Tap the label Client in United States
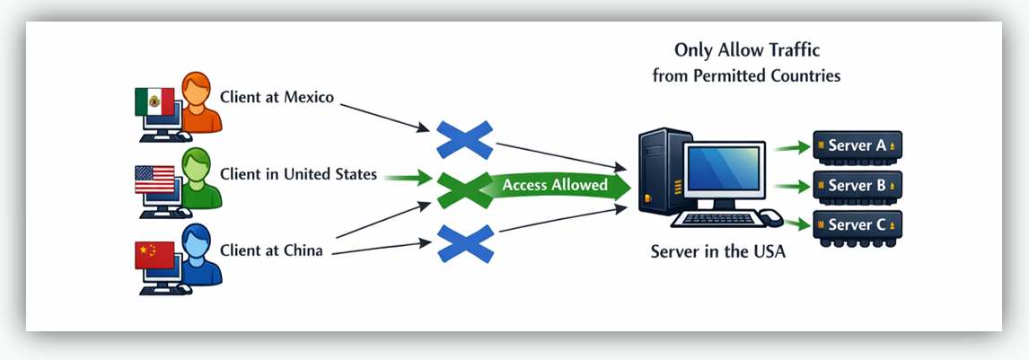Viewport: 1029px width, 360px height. [x=297, y=174]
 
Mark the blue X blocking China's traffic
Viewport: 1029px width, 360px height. [x=465, y=242]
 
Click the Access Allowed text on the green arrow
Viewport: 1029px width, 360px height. [x=555, y=186]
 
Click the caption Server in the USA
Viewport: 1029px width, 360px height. [x=717, y=252]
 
